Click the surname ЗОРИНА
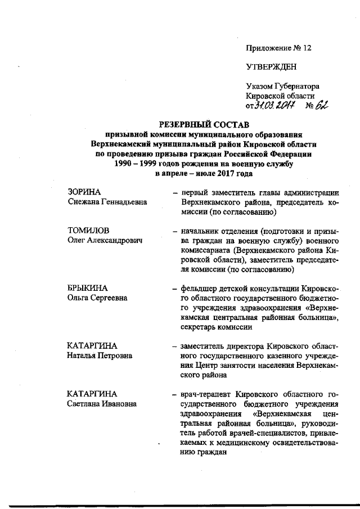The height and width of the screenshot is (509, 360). (84, 193)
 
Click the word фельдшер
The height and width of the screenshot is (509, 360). (201, 288)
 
